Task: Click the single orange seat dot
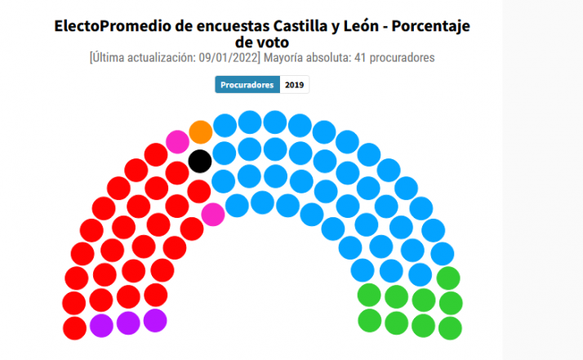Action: click(200, 131)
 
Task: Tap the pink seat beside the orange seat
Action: click(177, 141)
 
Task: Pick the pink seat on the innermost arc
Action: click(212, 214)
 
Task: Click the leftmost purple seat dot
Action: click(101, 325)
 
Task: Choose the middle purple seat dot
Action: click(128, 322)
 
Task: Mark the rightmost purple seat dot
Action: click(155, 320)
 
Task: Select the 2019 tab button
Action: click(295, 85)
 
